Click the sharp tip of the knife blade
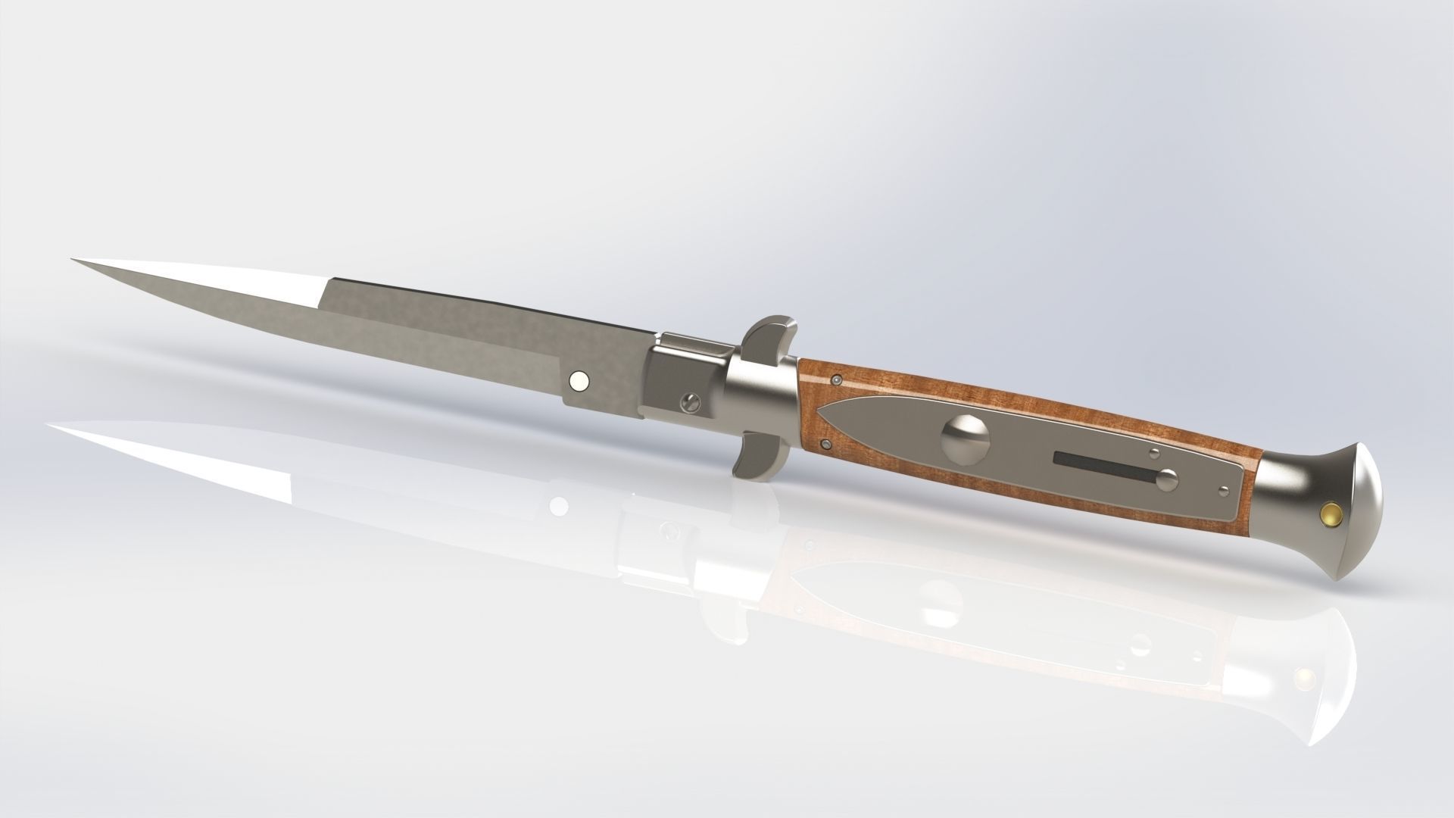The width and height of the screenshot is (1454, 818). [76, 261]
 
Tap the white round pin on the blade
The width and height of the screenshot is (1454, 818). [579, 382]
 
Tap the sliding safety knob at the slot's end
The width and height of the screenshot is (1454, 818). [1169, 478]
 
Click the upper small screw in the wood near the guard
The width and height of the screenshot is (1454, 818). [835, 379]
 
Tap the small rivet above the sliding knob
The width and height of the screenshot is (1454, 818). [1154, 454]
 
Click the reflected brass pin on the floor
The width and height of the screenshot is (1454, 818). [1304, 676]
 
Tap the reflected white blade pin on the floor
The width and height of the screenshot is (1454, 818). [560, 504]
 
